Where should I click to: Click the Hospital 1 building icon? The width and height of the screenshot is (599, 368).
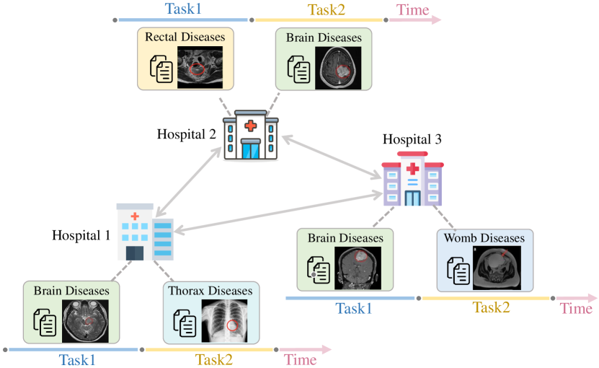(144, 232)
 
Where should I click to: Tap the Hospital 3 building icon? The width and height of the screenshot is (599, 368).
(412, 180)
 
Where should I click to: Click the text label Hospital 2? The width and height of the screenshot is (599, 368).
(187, 134)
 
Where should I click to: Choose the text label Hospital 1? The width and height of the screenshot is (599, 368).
(81, 236)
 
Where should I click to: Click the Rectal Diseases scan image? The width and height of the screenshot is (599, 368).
(200, 68)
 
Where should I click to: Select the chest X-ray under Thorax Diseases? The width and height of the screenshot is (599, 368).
(227, 320)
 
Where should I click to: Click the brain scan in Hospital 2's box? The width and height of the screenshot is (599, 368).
(338, 68)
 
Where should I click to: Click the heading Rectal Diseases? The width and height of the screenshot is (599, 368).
(185, 36)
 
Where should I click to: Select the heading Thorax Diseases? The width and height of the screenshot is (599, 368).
(210, 291)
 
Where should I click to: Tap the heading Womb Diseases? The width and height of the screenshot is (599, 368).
(484, 237)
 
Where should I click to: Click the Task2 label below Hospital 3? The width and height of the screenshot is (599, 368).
(491, 308)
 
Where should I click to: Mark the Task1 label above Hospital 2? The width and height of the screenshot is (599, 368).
(183, 9)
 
